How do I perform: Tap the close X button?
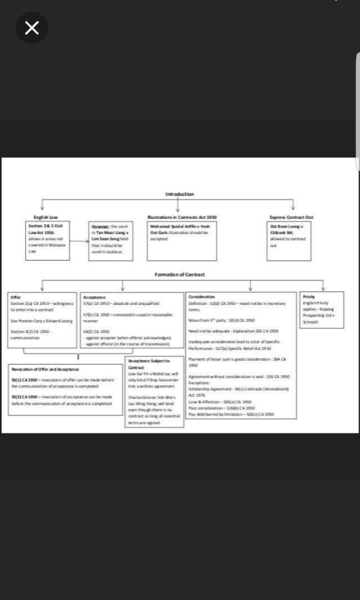click(x=32, y=28)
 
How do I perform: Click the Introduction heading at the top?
click(x=179, y=194)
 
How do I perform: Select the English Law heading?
click(x=46, y=217)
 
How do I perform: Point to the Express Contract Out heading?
click(x=291, y=217)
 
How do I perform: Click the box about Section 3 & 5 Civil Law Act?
click(x=49, y=240)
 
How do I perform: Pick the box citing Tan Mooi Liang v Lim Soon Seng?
click(x=112, y=240)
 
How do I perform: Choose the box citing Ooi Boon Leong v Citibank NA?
click(x=291, y=240)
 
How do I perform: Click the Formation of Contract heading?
click(x=179, y=274)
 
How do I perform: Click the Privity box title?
click(x=309, y=297)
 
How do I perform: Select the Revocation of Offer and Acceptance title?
click(x=45, y=369)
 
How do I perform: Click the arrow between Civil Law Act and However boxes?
click(x=79, y=242)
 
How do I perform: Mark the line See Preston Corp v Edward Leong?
click(x=42, y=321)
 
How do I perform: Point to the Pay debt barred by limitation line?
click(x=231, y=414)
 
